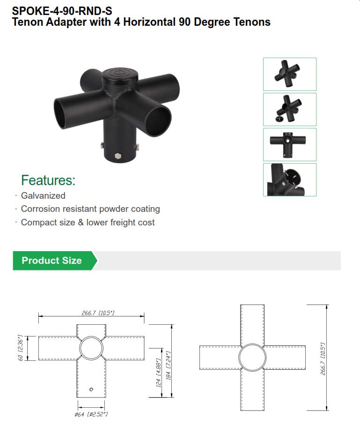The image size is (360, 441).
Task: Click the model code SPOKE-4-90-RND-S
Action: (62, 10)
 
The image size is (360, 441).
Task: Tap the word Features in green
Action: (48, 180)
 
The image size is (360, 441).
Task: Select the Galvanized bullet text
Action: (43, 196)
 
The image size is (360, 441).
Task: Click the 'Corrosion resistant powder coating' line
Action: (90, 209)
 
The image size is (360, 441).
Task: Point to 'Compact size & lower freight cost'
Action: (88, 223)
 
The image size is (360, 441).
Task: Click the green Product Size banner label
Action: (51, 261)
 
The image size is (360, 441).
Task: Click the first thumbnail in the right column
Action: (289, 74)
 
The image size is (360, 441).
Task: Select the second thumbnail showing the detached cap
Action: (289, 109)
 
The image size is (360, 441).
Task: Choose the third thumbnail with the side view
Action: (289, 144)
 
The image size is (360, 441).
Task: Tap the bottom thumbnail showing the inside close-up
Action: (289, 179)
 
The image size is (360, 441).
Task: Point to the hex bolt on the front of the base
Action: (117, 155)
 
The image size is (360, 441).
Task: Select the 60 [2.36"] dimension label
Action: (21, 348)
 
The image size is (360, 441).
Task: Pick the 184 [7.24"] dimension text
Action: (168, 366)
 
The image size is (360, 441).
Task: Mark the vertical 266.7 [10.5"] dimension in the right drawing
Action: (322, 357)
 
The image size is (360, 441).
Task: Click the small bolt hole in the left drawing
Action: (92, 389)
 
